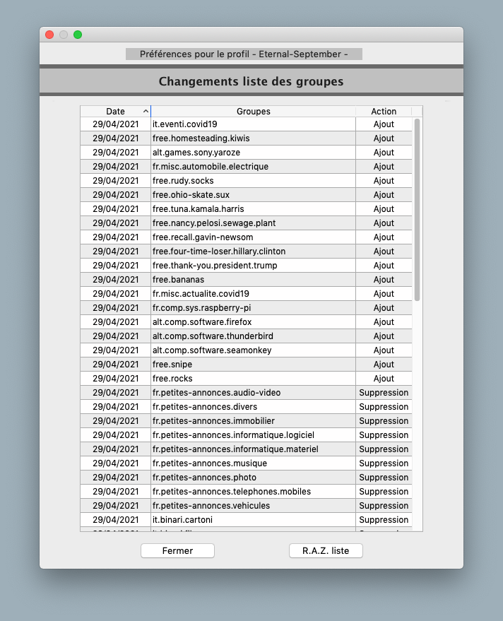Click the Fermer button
pyautogui.click(x=177, y=550)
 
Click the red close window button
pyautogui.click(x=49, y=35)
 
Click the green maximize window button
pyautogui.click(x=78, y=35)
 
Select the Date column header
pyautogui.click(x=115, y=112)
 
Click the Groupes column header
pyautogui.click(x=253, y=112)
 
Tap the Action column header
pyautogui.click(x=384, y=112)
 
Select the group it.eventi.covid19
pyautogui.click(x=185, y=124)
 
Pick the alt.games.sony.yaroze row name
pyautogui.click(x=197, y=153)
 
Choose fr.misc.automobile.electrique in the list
pyautogui.click(x=211, y=167)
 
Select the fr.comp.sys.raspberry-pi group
pyautogui.click(x=201, y=308)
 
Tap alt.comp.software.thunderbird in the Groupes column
pyautogui.click(x=213, y=336)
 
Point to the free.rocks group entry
pyautogui.click(x=172, y=379)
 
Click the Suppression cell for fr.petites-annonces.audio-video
pyautogui.click(x=384, y=393)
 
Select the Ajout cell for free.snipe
pyautogui.click(x=384, y=365)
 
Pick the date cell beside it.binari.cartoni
pyautogui.click(x=115, y=520)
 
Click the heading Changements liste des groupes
pyautogui.click(x=251, y=81)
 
